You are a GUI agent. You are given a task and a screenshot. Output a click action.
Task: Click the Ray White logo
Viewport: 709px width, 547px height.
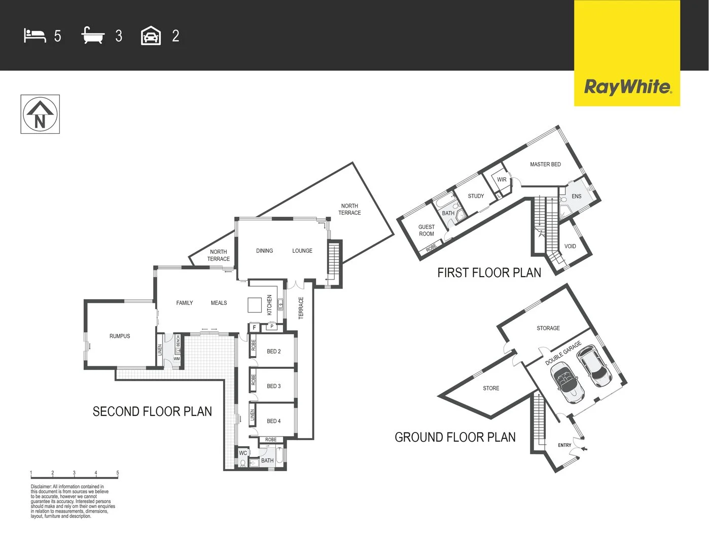(627, 87)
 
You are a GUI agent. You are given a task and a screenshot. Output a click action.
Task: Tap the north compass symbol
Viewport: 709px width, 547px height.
(40, 114)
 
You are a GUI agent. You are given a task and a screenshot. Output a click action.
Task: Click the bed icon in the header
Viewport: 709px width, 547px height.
(34, 36)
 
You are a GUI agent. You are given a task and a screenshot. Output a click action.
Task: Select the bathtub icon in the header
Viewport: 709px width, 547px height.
(93, 36)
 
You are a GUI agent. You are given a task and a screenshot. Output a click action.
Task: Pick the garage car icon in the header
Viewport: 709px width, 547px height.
(151, 36)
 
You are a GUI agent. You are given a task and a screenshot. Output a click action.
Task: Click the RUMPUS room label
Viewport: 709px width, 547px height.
(120, 336)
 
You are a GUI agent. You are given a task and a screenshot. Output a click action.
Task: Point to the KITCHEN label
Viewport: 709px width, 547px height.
(269, 305)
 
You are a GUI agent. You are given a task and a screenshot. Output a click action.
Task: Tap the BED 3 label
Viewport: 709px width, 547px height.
(273, 386)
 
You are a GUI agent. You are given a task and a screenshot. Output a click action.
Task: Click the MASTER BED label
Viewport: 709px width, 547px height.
(545, 165)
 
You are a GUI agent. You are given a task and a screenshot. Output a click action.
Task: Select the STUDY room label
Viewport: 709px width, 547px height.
(476, 197)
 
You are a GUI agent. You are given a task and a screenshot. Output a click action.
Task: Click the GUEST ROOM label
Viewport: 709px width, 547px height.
(427, 230)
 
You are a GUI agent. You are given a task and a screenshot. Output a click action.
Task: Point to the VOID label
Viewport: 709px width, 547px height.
(570, 247)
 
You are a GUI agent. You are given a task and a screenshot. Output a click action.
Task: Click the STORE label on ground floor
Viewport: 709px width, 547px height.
(491, 388)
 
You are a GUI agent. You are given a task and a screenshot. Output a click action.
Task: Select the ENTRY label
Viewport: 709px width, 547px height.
(564, 445)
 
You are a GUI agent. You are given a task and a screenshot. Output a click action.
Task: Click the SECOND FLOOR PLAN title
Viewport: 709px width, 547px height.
(152, 412)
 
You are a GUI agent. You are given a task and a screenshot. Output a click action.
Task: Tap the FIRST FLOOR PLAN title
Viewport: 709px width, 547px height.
(489, 273)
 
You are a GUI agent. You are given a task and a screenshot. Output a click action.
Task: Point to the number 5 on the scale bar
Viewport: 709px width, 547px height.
(118, 473)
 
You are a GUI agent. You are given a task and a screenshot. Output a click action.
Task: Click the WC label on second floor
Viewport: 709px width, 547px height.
(243, 453)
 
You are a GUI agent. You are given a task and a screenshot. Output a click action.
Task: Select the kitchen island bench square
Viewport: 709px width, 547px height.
(254, 305)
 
